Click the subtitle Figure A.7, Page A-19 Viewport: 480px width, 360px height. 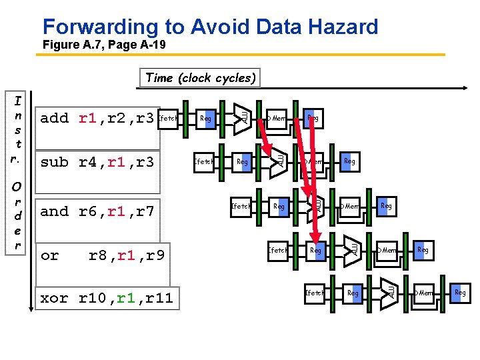tap(103, 45)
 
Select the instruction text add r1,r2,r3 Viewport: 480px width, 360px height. tap(97, 119)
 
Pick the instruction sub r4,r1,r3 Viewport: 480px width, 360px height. tap(97, 162)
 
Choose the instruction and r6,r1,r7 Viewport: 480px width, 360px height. tap(97, 212)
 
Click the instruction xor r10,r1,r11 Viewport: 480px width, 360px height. tap(106, 298)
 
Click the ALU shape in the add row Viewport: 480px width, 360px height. tap(243, 117)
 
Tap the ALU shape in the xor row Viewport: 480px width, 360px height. tap(390, 292)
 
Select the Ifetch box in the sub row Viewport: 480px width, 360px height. tap(203, 162)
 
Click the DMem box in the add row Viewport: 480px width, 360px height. tap(276, 119)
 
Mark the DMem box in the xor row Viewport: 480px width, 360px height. tap(423, 293)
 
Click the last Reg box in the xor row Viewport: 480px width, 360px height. tap(460, 293)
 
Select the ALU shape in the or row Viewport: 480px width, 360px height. tap(353, 249)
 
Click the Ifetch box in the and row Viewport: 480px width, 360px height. tap(240, 207)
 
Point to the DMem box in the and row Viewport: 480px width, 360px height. tap(349, 207)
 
